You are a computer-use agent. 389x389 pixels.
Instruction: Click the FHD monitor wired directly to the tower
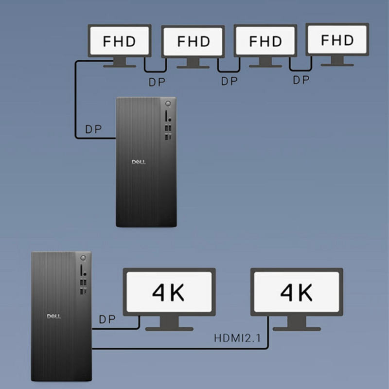(119, 41)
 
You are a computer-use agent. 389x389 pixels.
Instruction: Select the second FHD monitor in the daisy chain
(194, 41)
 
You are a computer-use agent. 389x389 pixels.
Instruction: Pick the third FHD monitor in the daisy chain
(265, 41)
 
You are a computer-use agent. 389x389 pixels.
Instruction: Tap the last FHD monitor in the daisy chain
(337, 40)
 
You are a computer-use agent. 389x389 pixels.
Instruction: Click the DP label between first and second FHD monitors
(157, 82)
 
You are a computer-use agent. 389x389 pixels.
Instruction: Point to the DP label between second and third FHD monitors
(229, 82)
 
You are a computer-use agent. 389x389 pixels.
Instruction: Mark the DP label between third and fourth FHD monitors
(301, 80)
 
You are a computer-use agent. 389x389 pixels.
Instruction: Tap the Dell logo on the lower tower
(53, 317)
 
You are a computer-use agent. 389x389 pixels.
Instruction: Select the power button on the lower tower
(84, 258)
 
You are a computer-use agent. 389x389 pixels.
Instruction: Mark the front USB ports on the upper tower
(168, 132)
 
